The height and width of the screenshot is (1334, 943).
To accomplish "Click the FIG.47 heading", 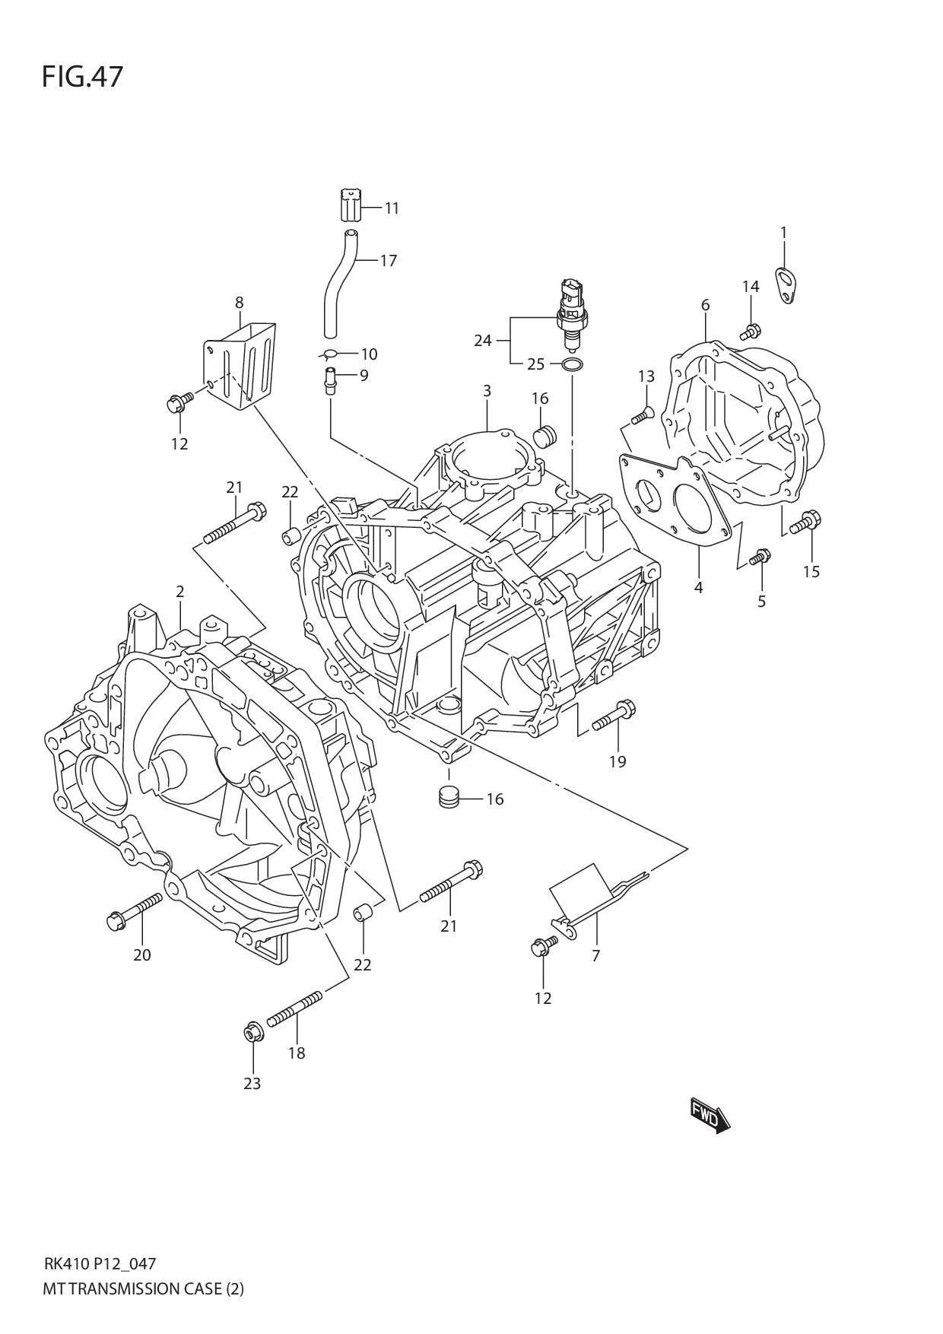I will coord(82,77).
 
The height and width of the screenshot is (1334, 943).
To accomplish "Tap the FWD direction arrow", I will coord(710,1116).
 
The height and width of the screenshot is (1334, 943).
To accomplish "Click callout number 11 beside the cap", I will coord(392,208).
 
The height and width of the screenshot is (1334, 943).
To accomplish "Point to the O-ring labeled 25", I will coord(573,365).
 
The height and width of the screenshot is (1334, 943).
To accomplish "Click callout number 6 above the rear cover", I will coord(705,305).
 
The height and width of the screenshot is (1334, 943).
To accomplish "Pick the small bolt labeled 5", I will coord(760,557).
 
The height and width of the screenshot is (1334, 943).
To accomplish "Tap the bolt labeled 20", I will coord(135,911).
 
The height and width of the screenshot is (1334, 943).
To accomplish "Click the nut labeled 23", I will coord(252,1034).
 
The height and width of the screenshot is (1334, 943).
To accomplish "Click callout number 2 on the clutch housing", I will coord(179,591).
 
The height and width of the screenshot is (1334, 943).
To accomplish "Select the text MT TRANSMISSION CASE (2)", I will coord(144,1288).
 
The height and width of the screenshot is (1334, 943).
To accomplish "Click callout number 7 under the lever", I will coord(595,955).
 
